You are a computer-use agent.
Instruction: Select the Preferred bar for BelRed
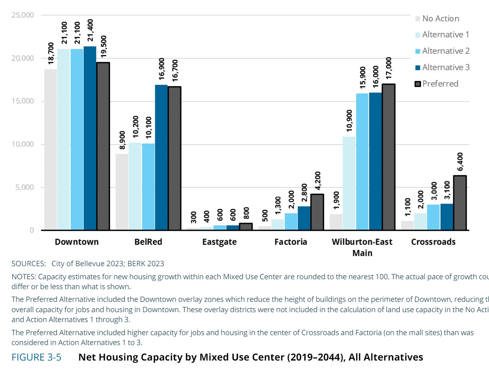tap(174, 158)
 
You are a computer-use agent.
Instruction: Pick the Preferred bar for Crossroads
tap(460, 203)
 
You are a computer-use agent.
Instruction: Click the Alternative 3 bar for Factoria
tap(304, 218)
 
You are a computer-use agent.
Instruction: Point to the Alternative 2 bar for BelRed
tap(148, 186)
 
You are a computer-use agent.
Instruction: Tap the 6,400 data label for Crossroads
tap(460, 161)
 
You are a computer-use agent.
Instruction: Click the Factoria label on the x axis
tap(291, 242)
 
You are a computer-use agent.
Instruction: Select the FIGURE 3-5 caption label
tap(37, 357)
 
